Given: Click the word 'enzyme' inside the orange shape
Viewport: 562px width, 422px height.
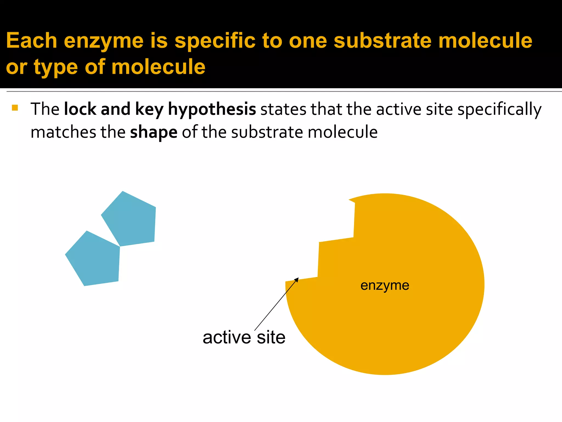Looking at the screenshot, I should (x=385, y=285).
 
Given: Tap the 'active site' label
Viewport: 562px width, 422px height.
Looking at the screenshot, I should (x=244, y=337).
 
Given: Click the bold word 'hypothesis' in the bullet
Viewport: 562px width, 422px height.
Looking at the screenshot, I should (x=212, y=109).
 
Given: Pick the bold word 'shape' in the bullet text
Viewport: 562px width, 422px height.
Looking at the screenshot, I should (x=154, y=132).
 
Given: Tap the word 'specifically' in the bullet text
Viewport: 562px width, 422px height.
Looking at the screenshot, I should (x=499, y=109).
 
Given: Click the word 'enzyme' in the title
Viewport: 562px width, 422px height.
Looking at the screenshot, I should (x=104, y=41).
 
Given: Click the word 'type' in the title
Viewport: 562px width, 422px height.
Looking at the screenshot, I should (x=56, y=67).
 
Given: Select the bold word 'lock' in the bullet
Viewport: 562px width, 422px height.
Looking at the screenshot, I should (x=80, y=109).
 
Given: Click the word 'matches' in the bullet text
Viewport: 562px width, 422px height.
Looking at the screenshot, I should (x=63, y=132).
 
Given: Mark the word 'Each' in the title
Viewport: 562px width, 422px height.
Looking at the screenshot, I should (x=32, y=41).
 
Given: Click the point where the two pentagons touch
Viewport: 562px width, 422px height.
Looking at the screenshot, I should (x=120, y=246).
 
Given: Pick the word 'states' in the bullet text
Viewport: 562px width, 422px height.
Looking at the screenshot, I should (x=283, y=109).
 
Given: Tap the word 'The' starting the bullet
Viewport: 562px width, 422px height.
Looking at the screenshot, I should (x=45, y=109).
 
